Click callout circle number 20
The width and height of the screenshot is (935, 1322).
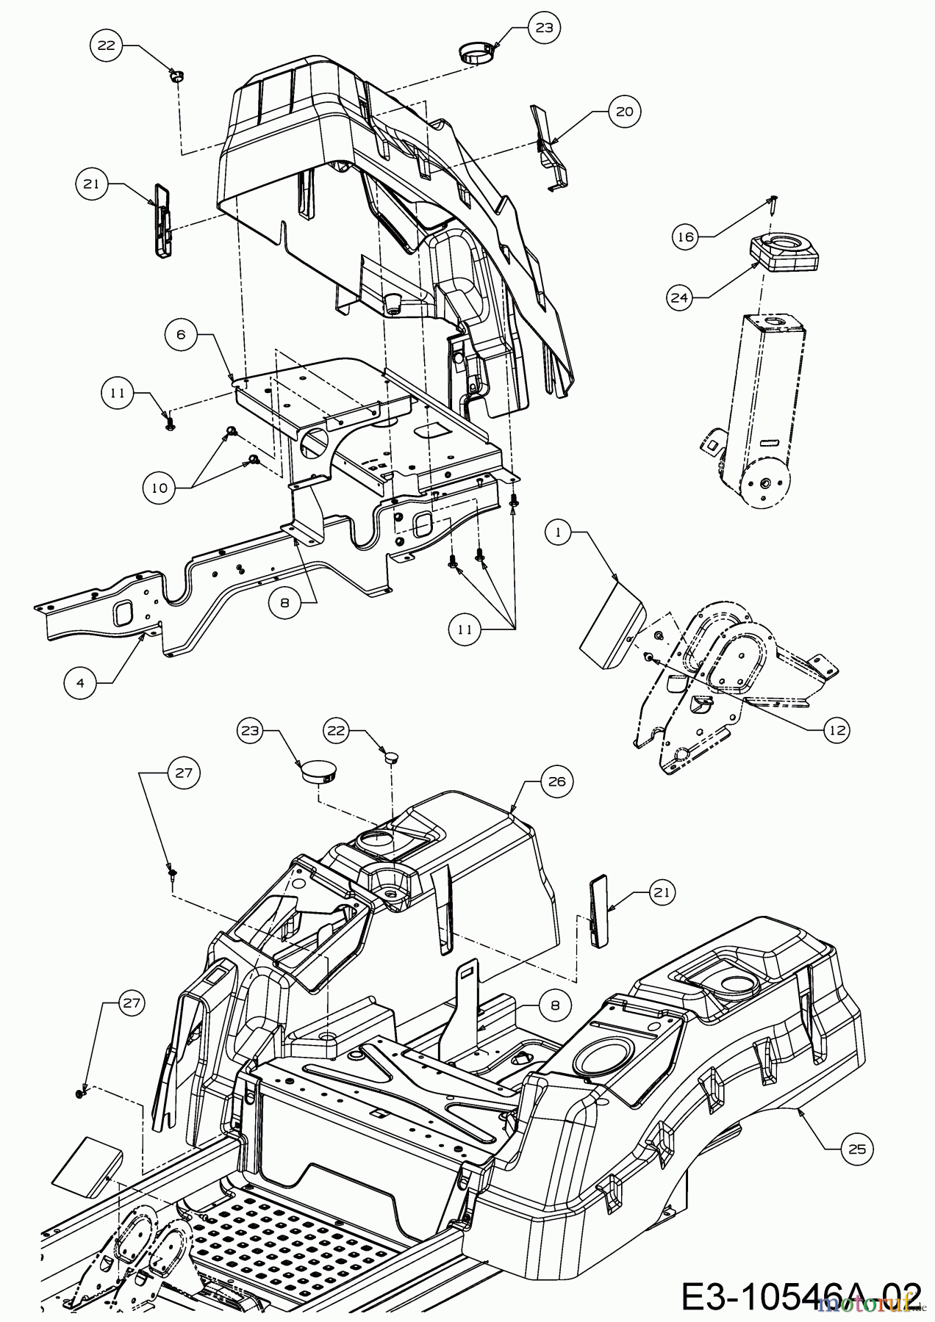coord(624,111)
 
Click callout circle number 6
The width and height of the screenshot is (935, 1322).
coord(182,333)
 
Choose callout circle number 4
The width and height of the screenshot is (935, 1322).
coord(79,682)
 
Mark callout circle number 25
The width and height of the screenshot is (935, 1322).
coord(856,1149)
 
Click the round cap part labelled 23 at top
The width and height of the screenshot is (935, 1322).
coord(476,53)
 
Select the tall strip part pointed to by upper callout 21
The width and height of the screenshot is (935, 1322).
coord(162,220)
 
